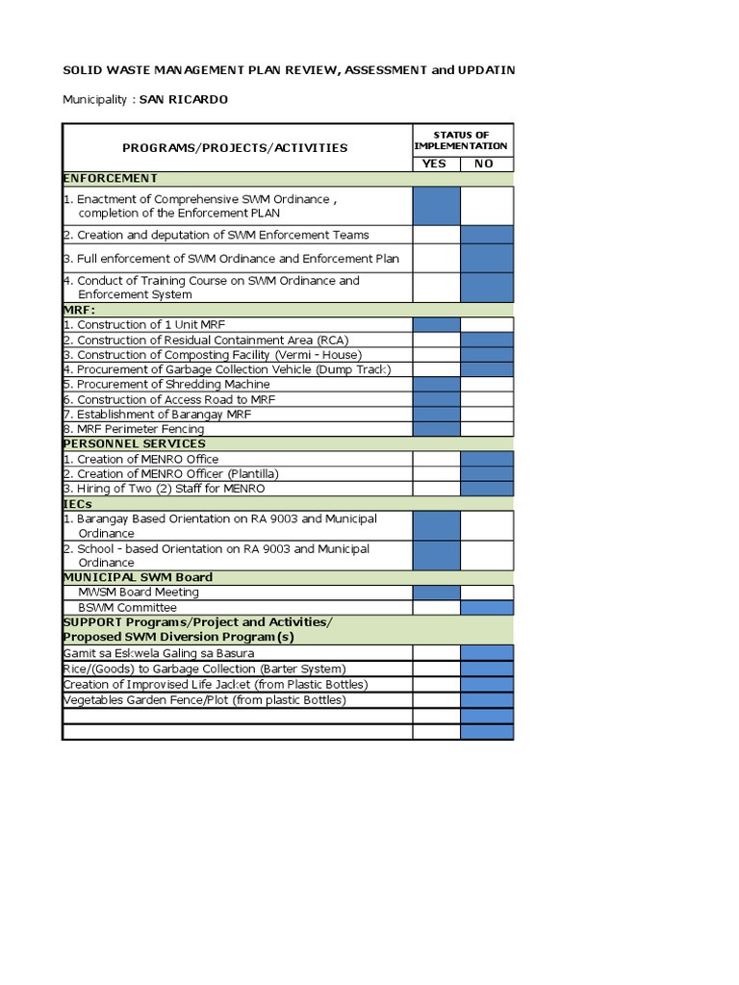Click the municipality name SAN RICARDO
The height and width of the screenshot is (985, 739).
(x=184, y=99)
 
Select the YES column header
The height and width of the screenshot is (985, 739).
(x=435, y=164)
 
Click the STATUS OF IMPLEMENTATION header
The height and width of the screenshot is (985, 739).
(x=461, y=140)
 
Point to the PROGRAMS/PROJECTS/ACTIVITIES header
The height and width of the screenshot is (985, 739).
(x=235, y=148)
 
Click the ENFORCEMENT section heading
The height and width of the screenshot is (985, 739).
(x=110, y=178)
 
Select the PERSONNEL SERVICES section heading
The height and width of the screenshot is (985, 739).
(x=134, y=443)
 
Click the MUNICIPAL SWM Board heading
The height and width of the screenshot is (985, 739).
(x=138, y=577)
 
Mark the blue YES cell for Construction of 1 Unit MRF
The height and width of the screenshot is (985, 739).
(x=436, y=325)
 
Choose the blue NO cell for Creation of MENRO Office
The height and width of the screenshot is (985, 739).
(x=487, y=459)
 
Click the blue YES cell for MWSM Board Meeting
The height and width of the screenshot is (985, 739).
(x=436, y=593)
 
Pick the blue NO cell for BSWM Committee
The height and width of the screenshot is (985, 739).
(x=487, y=608)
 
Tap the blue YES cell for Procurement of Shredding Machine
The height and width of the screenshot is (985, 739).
(x=436, y=385)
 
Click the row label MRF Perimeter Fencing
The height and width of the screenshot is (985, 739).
(x=140, y=429)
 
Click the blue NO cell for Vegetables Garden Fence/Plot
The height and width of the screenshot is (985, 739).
(x=487, y=700)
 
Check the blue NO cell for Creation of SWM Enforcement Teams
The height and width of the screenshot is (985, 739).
(x=487, y=235)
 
